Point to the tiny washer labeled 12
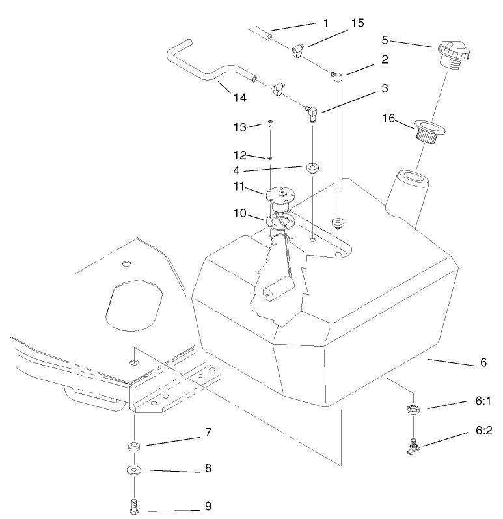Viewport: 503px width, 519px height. (x=269, y=157)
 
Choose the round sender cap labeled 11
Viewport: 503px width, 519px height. (x=281, y=194)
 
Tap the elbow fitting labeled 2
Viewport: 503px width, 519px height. (x=336, y=76)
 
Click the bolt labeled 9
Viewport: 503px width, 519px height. (x=133, y=507)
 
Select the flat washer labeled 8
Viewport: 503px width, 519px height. (x=133, y=470)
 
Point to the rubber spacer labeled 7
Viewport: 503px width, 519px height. (x=133, y=447)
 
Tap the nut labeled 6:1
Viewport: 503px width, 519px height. (x=413, y=410)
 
